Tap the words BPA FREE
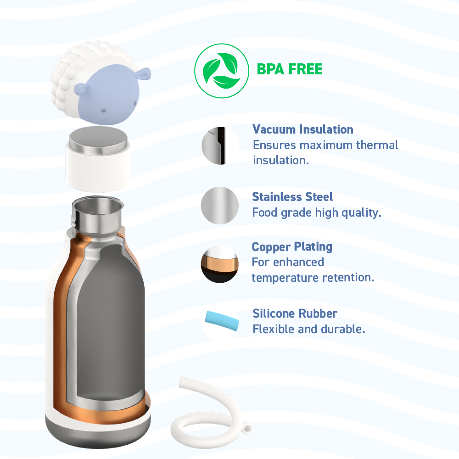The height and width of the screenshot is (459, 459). pos(289,69)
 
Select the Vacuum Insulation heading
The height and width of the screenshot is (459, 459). pos(303,129)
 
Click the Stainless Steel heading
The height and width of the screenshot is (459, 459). pos(292,197)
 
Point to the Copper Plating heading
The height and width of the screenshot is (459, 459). pos(292,246)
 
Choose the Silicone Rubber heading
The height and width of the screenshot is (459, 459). pos(295,313)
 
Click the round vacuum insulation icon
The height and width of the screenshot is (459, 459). pos(220,146)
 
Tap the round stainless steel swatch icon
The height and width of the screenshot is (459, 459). pos(220,205)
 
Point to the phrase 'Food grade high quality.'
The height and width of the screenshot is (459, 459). pos(317,213)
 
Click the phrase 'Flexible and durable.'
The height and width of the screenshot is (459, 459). pos(309,329)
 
